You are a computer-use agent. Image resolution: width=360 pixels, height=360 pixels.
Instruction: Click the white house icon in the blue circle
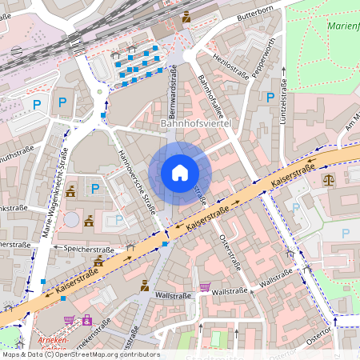pos(180,172)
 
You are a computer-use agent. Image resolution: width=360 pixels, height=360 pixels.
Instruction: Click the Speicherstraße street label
pos(80,248)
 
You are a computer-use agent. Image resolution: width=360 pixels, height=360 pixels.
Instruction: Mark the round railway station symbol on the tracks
pos(17,50)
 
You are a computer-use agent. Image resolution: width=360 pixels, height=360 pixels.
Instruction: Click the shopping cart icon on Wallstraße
pos(205,287)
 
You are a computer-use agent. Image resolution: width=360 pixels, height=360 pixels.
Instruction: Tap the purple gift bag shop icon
pos(86,321)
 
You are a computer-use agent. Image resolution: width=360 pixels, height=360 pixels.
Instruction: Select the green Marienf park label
pos(342,26)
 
